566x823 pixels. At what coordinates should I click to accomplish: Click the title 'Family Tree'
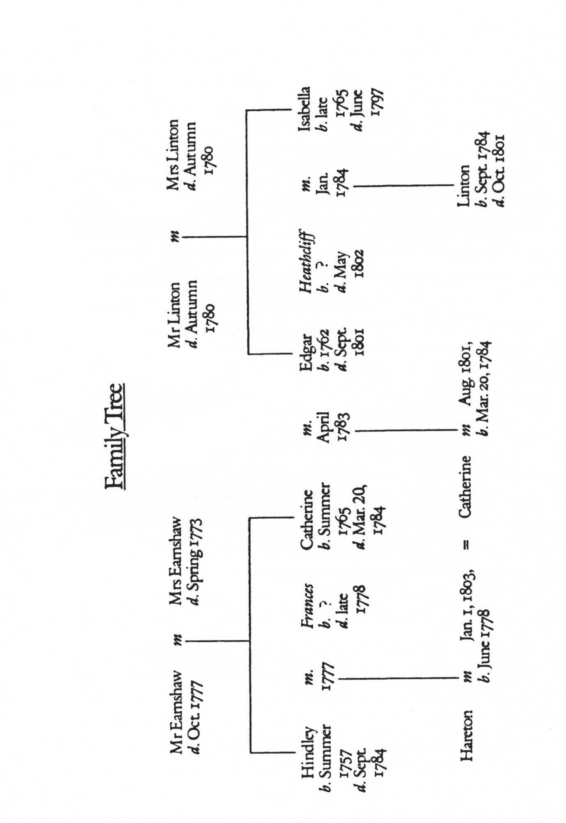(115, 436)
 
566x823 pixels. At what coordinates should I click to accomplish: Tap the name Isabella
(304, 109)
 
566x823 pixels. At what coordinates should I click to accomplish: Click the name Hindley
(308, 752)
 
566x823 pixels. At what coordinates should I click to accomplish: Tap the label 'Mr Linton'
(174, 315)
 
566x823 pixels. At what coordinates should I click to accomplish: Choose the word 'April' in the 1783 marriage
(324, 427)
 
